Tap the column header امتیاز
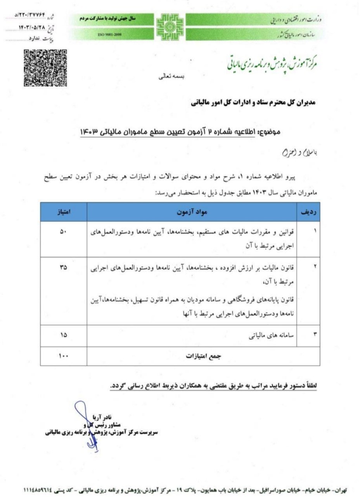64,212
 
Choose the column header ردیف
308,212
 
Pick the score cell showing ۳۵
64,268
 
